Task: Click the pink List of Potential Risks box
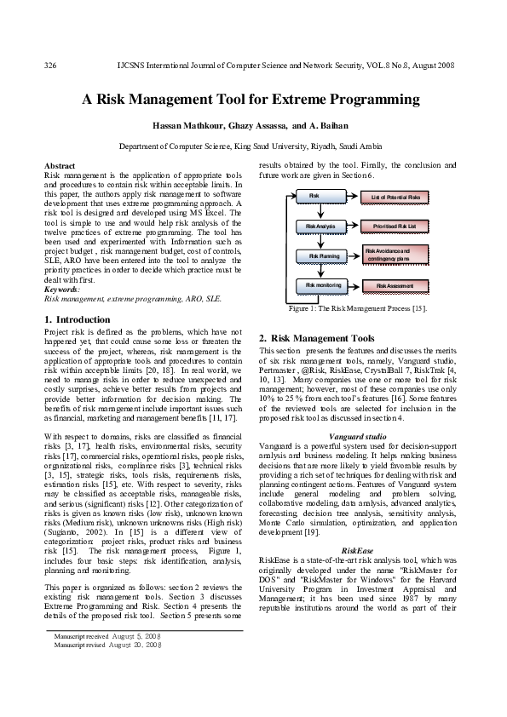[x=397, y=198]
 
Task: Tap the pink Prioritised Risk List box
[x=397, y=227]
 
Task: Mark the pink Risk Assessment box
[x=397, y=285]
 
